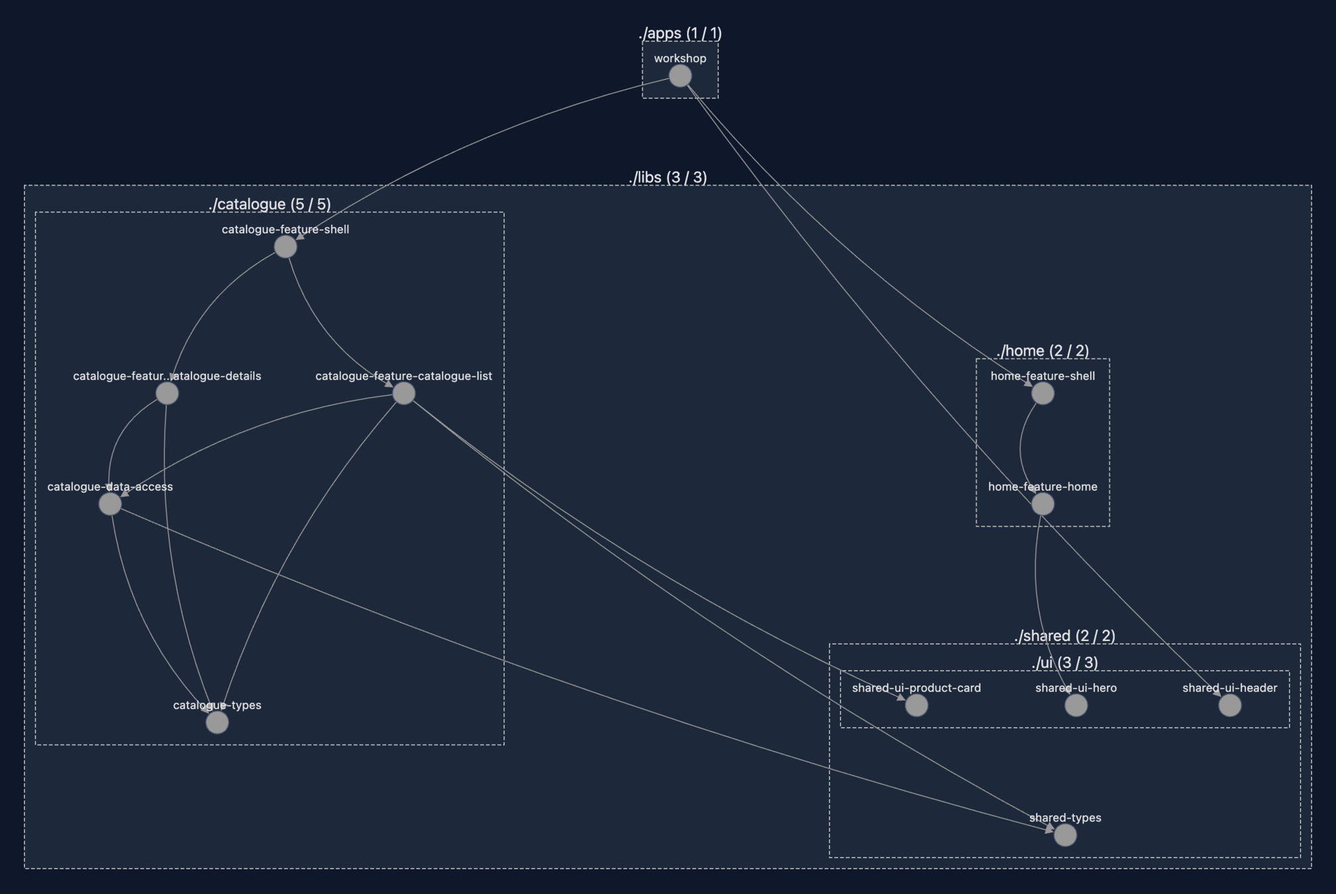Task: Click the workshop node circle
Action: (680, 76)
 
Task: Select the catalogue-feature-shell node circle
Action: (285, 247)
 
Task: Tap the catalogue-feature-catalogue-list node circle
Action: (404, 393)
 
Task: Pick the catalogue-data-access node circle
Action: (110, 504)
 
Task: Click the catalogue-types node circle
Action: (217, 722)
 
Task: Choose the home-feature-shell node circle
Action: (1043, 393)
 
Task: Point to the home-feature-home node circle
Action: (1043, 504)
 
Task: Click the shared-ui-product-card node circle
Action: (917, 705)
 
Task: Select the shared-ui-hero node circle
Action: (1076, 705)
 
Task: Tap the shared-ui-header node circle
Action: (1230, 705)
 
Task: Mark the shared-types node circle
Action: (1065, 835)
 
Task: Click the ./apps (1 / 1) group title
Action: (680, 33)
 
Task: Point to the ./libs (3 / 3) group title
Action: (668, 177)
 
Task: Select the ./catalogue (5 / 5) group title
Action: (270, 204)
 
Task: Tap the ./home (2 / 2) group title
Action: (1043, 350)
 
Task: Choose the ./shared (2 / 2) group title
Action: (1064, 636)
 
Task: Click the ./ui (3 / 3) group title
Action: (1064, 663)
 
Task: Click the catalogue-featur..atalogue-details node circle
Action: (167, 393)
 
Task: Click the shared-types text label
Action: (1065, 818)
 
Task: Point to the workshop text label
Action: (680, 58)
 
